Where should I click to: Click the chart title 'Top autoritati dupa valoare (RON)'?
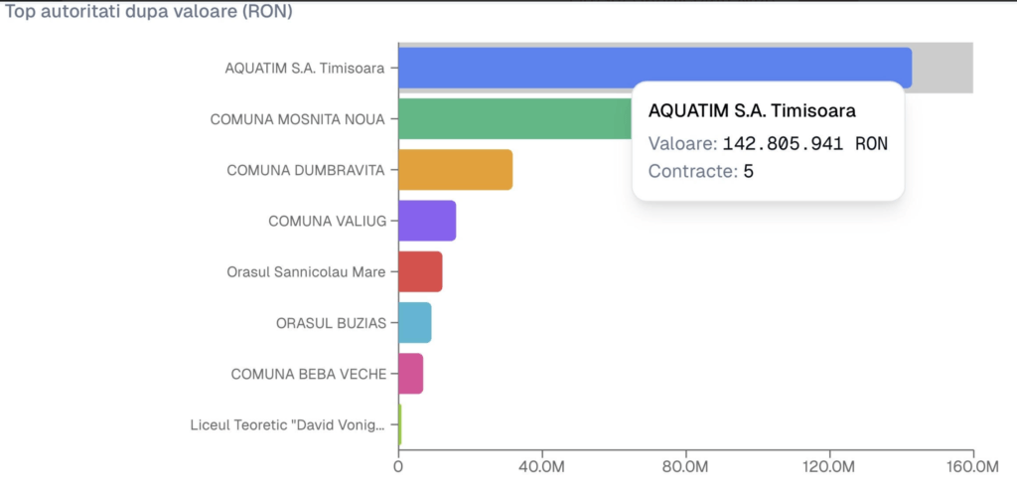[x=149, y=13]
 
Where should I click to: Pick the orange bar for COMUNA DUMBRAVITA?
[x=455, y=170]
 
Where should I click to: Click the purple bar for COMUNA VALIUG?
[x=427, y=221]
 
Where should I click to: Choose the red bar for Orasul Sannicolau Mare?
[x=420, y=271]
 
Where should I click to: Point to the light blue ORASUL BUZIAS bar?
[x=414, y=322]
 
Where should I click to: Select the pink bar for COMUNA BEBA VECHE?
[x=410, y=374]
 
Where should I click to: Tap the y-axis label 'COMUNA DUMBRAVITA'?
[x=305, y=170]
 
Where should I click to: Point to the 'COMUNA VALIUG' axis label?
[x=326, y=221]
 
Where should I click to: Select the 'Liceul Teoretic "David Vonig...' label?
[x=287, y=425]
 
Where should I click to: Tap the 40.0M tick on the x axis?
[x=542, y=465]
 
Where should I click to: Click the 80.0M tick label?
[x=685, y=465]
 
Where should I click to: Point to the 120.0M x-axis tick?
[x=829, y=465]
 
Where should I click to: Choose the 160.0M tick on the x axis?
[x=972, y=465]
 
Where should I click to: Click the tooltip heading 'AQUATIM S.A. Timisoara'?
[x=752, y=110]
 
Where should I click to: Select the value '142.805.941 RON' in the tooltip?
[x=804, y=143]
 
